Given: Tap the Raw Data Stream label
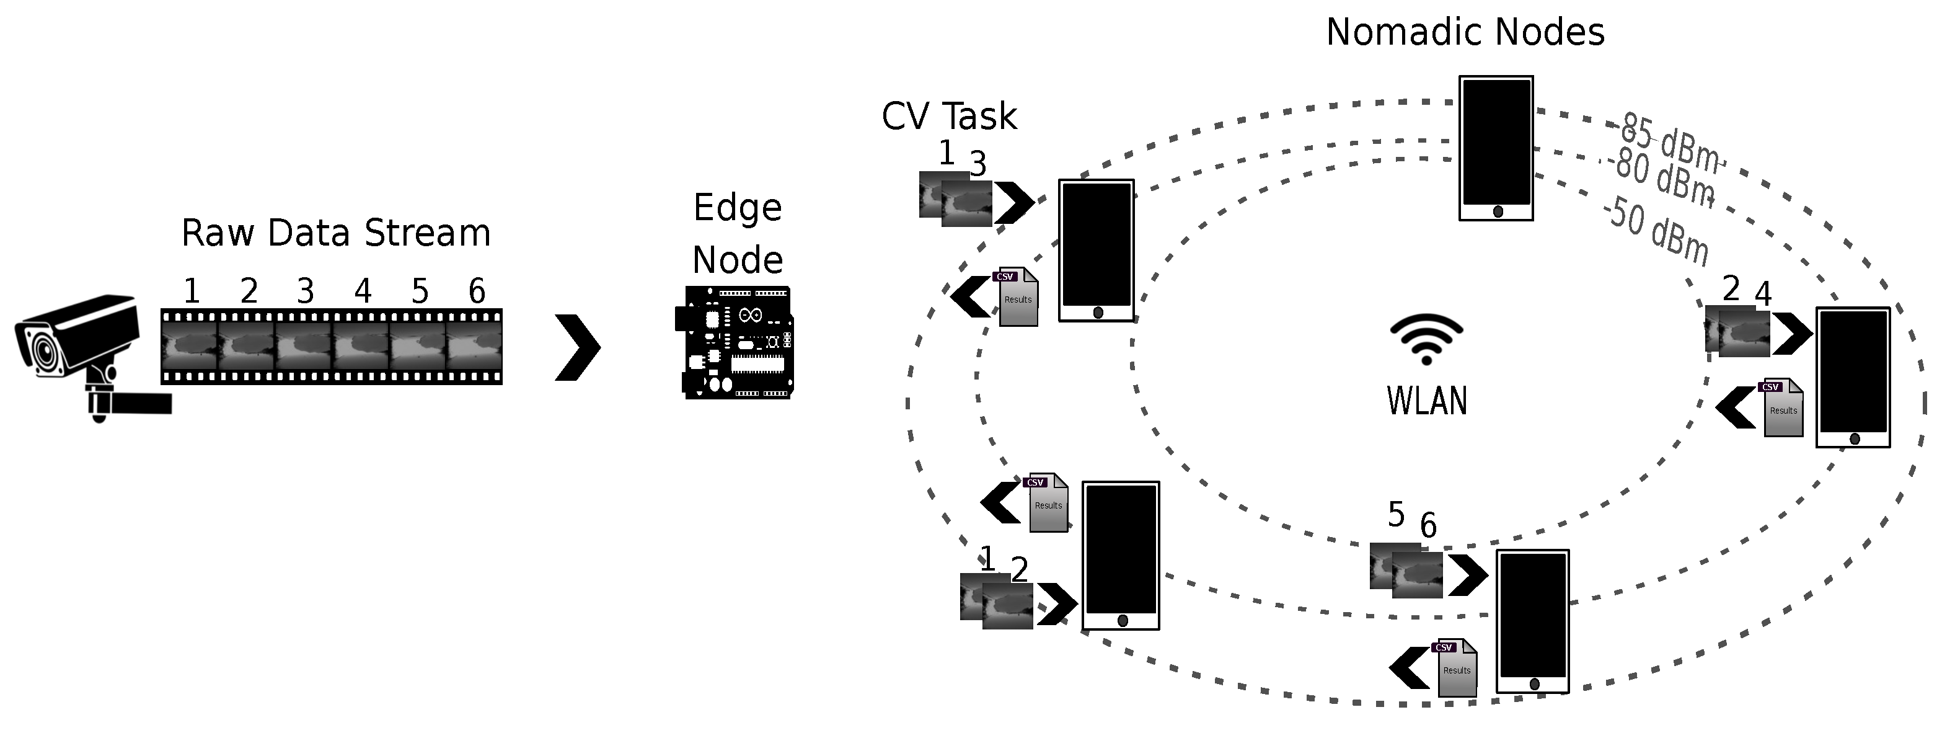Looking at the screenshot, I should (335, 233).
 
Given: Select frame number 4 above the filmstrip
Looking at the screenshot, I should (363, 291).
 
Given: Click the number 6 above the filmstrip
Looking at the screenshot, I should (477, 291).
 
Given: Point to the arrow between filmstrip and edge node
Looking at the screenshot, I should (578, 347).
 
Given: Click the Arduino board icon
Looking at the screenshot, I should (735, 342).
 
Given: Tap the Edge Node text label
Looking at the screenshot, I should (737, 234).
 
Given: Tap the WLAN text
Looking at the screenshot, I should (1427, 401).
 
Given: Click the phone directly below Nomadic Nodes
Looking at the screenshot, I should (1496, 148).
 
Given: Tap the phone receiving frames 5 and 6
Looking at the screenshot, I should (1532, 620).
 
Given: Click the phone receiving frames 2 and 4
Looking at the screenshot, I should (1853, 376).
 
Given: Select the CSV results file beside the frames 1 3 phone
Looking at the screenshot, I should (1017, 297).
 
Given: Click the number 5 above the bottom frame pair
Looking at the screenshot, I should (1396, 515).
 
